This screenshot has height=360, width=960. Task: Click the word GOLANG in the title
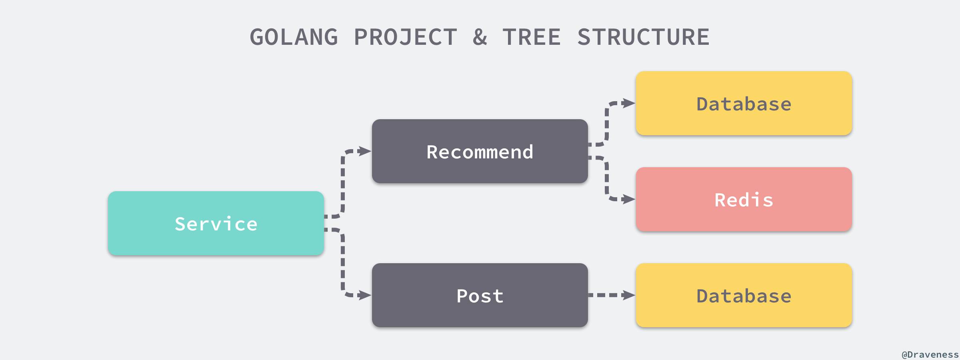[294, 37]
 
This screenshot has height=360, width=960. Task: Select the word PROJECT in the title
[405, 37]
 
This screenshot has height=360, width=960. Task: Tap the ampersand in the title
[480, 37]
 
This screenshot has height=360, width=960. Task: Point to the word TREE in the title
[532, 37]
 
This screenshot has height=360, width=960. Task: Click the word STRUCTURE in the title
[643, 37]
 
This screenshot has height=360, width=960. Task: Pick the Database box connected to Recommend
[744, 103]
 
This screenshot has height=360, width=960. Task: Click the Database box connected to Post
[744, 295]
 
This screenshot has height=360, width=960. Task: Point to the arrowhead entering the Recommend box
[365, 151]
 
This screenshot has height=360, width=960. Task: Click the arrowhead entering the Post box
[365, 295]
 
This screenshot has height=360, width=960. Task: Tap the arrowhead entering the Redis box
[629, 199]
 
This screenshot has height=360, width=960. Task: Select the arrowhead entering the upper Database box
[629, 103]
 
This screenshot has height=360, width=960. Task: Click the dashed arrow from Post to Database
[608, 295]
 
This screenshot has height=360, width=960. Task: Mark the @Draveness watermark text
[930, 354]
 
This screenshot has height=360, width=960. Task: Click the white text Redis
[744, 200]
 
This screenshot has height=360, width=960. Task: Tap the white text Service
[216, 224]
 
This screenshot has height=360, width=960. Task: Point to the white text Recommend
[480, 152]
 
